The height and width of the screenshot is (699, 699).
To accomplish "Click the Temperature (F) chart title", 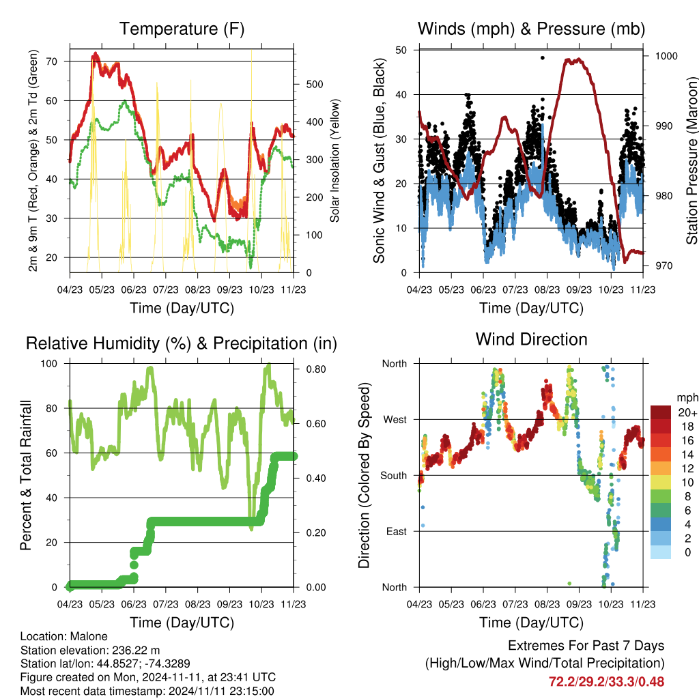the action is [x=182, y=29].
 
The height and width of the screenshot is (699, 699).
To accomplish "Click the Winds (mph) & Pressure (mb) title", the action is [x=531, y=29].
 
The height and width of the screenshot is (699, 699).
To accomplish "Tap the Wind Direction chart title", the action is [x=531, y=339].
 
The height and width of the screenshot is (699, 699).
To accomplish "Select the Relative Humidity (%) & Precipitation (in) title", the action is [x=182, y=344].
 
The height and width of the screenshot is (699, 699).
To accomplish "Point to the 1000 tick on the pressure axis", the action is [x=666, y=56].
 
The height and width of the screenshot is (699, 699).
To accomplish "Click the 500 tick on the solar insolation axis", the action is [x=314, y=84].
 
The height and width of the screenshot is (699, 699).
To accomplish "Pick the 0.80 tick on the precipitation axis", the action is [x=316, y=369].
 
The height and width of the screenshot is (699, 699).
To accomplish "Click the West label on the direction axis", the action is [x=395, y=420].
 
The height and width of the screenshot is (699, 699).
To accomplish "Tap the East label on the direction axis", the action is [x=397, y=531].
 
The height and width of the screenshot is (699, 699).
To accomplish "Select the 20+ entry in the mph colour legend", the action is [x=687, y=412].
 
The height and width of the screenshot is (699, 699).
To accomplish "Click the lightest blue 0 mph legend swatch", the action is [x=661, y=552].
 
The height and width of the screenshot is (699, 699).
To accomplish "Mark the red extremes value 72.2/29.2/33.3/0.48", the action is [x=606, y=682].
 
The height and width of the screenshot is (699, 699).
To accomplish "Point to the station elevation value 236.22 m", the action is [x=136, y=650].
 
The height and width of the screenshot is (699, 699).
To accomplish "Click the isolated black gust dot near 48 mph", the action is [x=543, y=58].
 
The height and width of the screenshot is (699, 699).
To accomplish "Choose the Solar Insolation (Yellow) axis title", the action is [x=334, y=160].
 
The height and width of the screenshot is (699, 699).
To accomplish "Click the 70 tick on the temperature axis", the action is [x=52, y=61].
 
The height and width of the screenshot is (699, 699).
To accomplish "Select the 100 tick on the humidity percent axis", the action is [x=49, y=363].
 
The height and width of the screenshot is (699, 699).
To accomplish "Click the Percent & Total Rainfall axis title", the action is [x=26, y=475].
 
